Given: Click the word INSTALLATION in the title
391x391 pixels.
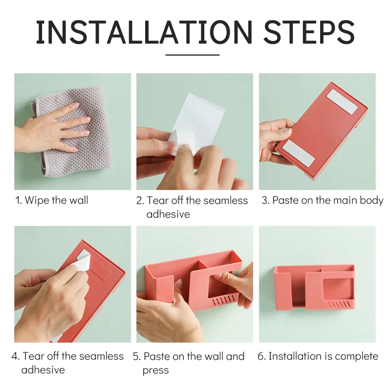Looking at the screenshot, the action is pyautogui.click(x=144, y=32).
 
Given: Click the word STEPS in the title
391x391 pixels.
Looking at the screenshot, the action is pyautogui.click(x=309, y=32).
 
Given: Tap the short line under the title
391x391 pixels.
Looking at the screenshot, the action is pyautogui.click(x=192, y=55).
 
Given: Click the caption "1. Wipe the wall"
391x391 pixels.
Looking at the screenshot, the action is pyautogui.click(x=52, y=200).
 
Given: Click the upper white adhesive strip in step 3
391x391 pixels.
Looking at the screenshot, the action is pyautogui.click(x=342, y=102).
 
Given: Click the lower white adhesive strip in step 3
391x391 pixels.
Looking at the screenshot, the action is pyautogui.click(x=299, y=153).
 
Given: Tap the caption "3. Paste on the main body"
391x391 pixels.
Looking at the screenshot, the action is pyautogui.click(x=322, y=200).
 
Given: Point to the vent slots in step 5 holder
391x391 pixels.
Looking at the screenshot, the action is pyautogui.click(x=223, y=300).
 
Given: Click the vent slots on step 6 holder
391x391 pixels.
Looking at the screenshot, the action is pyautogui.click(x=338, y=304).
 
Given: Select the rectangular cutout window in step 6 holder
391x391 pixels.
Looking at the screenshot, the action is pyautogui.click(x=337, y=288).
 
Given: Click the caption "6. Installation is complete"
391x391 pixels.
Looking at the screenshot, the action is pyautogui.click(x=318, y=356).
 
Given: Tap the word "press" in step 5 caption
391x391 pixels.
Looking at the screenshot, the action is pyautogui.click(x=155, y=370).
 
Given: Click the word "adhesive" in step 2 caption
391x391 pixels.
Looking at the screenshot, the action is pyautogui.click(x=168, y=214).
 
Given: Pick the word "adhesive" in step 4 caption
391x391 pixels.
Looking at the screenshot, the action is pyautogui.click(x=43, y=370).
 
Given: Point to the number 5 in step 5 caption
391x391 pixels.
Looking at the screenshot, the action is pyautogui.click(x=135, y=357).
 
